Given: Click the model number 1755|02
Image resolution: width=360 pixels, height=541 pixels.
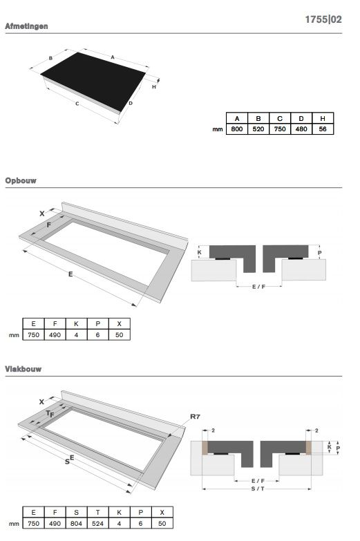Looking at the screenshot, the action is [x=323, y=19].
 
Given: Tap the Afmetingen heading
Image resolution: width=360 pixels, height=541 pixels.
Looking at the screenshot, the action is [x=26, y=26].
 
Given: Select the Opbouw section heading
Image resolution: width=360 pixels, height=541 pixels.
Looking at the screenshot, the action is [x=21, y=180].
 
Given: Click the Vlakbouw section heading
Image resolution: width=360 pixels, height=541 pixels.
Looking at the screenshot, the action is [x=23, y=369].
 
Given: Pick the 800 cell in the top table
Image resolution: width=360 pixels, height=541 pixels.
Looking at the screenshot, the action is [x=237, y=129].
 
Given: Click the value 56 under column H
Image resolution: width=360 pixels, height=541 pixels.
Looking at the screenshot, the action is [x=323, y=129].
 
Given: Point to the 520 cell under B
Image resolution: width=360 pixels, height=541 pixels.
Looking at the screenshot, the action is [x=258, y=129].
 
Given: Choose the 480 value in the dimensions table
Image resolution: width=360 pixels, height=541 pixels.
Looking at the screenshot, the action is [x=301, y=129].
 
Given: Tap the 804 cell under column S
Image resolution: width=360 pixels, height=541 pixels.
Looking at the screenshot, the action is [x=76, y=524].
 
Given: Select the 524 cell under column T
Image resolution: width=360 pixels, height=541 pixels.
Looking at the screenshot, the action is [x=97, y=524].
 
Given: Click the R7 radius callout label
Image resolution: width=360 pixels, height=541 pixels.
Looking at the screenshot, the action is [x=195, y=417].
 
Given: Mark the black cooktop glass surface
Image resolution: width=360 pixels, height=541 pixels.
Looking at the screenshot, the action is [x=93, y=81].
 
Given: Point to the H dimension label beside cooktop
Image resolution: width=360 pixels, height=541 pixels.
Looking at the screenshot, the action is [x=154, y=87].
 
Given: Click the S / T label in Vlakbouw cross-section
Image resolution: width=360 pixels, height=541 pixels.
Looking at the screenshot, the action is [x=258, y=488].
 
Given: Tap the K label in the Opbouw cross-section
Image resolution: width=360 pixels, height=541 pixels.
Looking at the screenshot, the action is [x=200, y=253].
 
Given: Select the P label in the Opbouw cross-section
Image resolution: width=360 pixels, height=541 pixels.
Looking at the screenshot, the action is [x=320, y=253].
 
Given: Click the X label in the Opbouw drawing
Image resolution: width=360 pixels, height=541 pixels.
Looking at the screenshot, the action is [x=41, y=213].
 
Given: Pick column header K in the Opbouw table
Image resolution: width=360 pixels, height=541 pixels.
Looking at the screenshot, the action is [x=76, y=323].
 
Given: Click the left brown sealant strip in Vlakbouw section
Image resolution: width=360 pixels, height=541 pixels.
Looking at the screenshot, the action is [x=205, y=448].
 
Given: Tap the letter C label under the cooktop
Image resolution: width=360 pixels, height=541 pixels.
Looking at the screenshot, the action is [x=77, y=104].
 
